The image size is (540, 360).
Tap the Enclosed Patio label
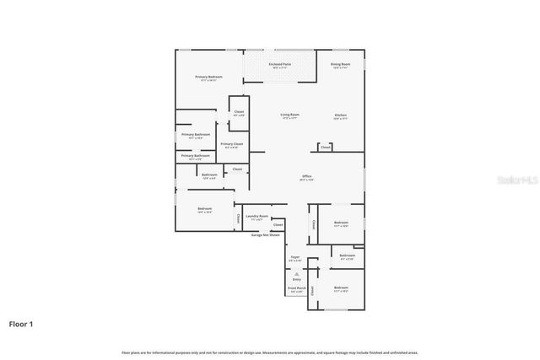[x=279, y=64]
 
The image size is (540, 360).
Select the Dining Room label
[x=341, y=64]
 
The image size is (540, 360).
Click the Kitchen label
[x=340, y=115]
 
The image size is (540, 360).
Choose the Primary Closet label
[x=232, y=144]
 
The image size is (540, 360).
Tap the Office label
[x=307, y=176]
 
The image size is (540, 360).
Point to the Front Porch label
[x=295, y=289]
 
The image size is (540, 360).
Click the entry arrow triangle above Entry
[x=296, y=273]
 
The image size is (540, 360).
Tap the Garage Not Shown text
[x=266, y=235]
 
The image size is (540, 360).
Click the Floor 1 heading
[x=22, y=323]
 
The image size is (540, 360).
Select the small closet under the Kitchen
[x=326, y=148]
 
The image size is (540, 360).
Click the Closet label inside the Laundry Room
[x=278, y=225]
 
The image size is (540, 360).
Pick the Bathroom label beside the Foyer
[x=347, y=255]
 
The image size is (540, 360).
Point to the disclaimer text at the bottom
[x=269, y=352]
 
